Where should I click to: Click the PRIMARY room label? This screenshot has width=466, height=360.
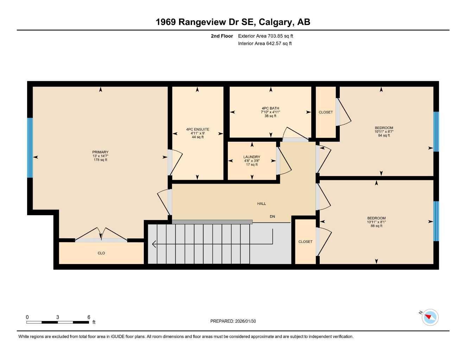[x=100, y=152]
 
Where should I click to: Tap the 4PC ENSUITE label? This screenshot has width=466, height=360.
[x=198, y=129]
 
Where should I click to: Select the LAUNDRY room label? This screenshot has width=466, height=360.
[x=251, y=157]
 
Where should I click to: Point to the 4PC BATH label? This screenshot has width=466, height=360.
[x=270, y=108]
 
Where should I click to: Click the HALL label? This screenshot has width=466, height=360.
[x=261, y=204]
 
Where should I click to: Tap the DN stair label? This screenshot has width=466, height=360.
[x=272, y=217]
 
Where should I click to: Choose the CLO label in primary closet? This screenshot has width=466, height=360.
[x=101, y=253]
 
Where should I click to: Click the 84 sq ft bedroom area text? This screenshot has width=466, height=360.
[x=384, y=135]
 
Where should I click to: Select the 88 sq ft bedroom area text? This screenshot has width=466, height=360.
[x=376, y=226]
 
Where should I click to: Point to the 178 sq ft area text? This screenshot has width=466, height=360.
[x=100, y=160]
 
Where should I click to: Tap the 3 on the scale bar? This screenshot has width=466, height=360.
[x=58, y=317]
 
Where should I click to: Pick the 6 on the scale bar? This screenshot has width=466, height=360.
[x=89, y=317]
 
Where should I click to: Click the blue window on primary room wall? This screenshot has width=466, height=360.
[x=30, y=148]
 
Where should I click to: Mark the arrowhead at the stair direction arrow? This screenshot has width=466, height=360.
[x=154, y=244]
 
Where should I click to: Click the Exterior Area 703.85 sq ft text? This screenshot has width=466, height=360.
[x=266, y=36]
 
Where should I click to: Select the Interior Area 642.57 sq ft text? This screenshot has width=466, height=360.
[x=265, y=44]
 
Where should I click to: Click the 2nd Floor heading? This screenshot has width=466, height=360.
[x=222, y=36]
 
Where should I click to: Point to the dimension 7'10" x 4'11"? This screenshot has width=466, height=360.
[x=270, y=112]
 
